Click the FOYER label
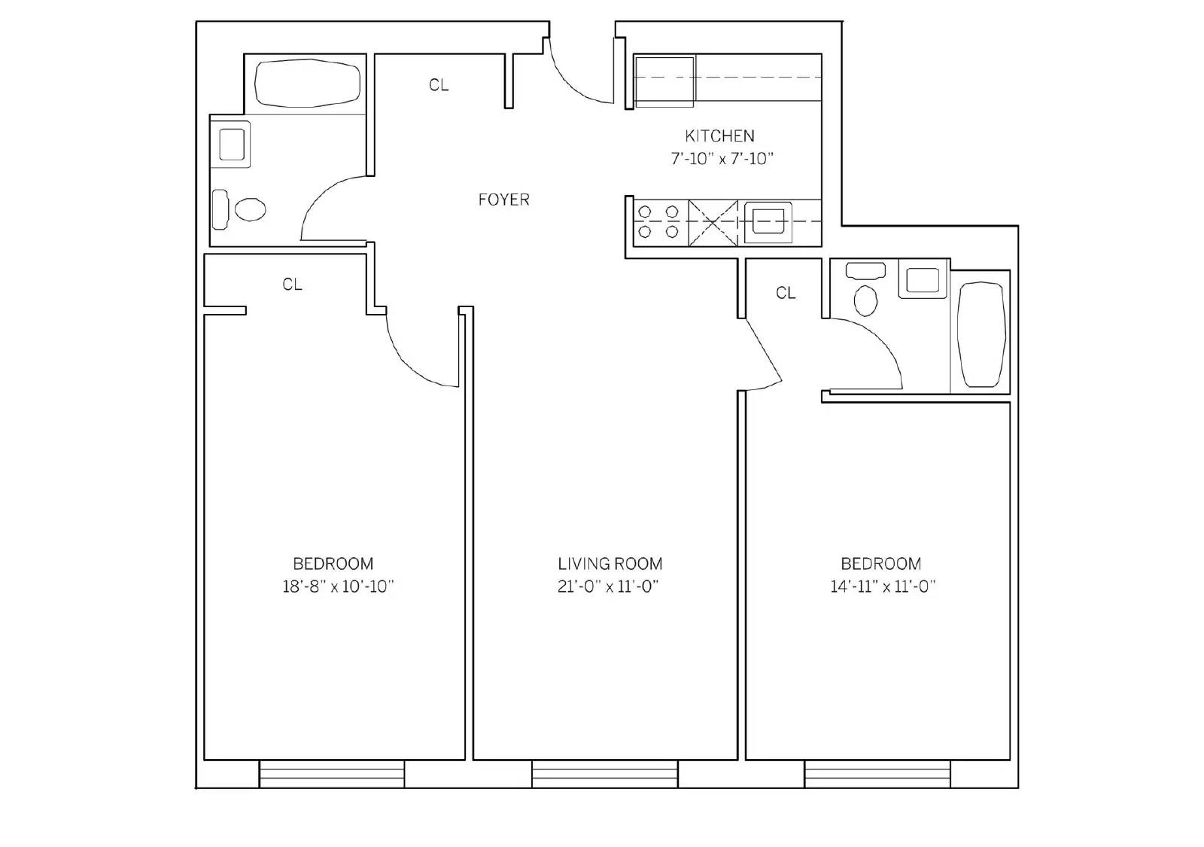click(503, 200)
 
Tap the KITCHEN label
click(719, 136)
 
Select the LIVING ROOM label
click(610, 564)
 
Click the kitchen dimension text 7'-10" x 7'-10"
click(722, 159)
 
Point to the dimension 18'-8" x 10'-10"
click(338, 587)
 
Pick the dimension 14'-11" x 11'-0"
click(883, 587)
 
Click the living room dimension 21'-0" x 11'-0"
click(608, 587)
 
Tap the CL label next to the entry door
click(439, 85)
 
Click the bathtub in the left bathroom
click(307, 84)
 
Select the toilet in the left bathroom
click(239, 209)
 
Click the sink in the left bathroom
click(232, 144)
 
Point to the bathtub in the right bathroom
click(981, 334)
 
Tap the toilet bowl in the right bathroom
click(865, 300)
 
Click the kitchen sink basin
click(768, 222)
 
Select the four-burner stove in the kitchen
click(660, 223)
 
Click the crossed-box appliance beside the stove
click(713, 223)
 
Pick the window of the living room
click(605, 775)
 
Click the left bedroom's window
click(332, 775)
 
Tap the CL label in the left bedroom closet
click(293, 285)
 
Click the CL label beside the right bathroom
click(786, 293)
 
